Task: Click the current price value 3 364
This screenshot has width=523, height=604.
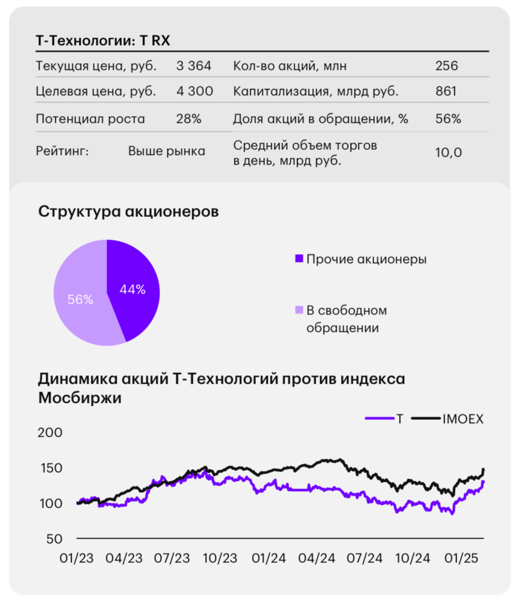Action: (193, 66)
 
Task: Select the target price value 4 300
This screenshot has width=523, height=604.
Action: (194, 91)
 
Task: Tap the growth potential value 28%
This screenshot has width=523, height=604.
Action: (189, 119)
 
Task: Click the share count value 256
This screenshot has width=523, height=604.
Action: (446, 66)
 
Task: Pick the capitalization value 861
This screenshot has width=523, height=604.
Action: (446, 91)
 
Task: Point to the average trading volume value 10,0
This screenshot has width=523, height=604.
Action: (449, 153)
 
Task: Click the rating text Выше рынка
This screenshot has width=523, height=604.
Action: (166, 151)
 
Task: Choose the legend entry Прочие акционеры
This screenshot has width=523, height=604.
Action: (366, 259)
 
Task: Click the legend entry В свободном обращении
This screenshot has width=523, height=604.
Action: (346, 318)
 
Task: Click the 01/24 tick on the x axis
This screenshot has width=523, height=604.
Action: (268, 558)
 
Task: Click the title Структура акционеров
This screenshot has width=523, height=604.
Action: (128, 212)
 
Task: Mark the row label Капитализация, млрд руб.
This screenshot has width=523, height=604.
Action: (316, 91)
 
